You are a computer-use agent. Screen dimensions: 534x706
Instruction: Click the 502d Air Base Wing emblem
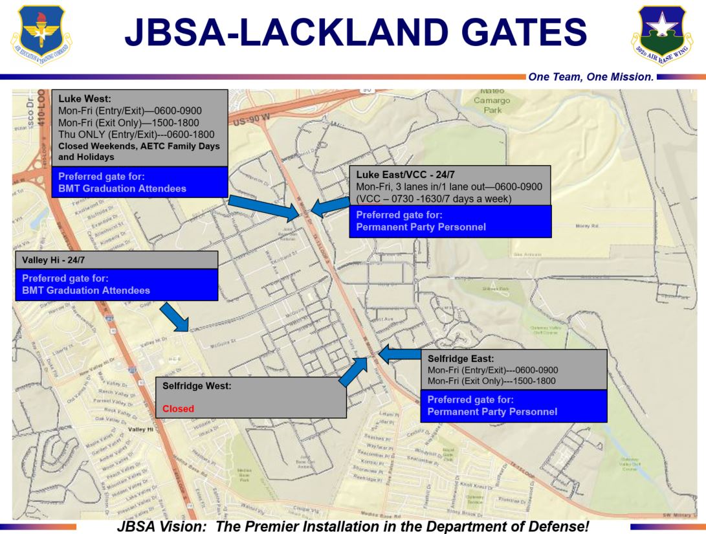click(x=661, y=34)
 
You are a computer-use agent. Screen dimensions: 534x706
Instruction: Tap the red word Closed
click(x=178, y=409)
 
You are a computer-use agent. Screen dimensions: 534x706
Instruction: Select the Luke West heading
click(x=85, y=100)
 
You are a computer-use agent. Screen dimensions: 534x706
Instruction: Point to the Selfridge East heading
click(x=461, y=359)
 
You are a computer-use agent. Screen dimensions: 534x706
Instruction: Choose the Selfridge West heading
click(x=197, y=386)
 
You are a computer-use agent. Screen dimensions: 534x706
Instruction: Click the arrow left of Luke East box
click(x=330, y=206)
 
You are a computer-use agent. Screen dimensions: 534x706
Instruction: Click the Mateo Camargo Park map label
click(x=492, y=100)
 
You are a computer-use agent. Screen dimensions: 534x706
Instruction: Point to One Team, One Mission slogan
click(x=591, y=77)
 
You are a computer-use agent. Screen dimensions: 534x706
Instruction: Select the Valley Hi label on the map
click(x=141, y=429)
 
